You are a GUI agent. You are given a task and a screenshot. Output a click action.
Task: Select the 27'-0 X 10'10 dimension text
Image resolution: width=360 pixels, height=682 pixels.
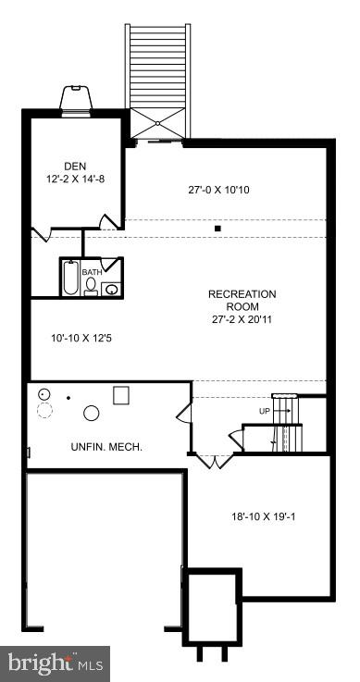(218, 190)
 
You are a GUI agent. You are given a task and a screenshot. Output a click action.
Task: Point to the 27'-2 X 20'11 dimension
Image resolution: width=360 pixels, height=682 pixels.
(242, 319)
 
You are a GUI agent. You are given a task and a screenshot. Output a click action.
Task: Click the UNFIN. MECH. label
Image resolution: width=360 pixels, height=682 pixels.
(106, 447)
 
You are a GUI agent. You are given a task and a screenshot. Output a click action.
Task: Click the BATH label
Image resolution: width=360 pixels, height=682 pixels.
(92, 273)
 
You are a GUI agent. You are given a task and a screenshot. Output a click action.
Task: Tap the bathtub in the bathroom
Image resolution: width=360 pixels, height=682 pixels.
(71, 278)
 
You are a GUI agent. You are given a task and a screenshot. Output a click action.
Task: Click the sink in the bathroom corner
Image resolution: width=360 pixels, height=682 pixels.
(111, 289)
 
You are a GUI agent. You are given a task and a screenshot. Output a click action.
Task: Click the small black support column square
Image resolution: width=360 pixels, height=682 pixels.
(217, 228)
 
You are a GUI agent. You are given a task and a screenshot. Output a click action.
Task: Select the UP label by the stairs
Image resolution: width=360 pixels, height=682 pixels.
(265, 410)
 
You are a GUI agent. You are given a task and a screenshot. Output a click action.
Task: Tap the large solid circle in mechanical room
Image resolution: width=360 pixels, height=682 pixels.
(93, 413)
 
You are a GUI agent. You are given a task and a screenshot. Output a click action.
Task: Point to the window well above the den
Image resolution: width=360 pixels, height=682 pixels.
(75, 97)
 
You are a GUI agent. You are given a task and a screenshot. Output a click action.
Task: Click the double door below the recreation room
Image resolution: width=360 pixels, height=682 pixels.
(212, 461)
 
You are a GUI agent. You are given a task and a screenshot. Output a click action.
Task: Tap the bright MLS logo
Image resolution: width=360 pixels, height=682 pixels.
(55, 663)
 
